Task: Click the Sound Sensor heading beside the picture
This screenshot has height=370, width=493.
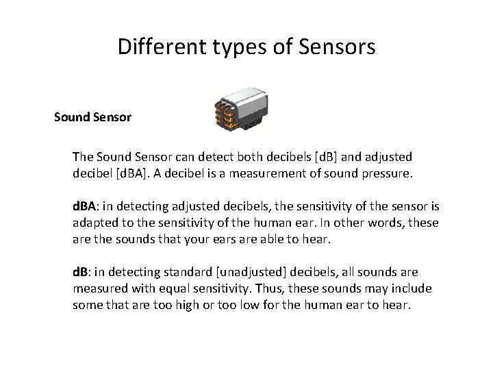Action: [93, 117]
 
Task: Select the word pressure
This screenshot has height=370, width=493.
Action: [386, 173]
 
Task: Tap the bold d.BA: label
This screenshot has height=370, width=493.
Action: [87, 206]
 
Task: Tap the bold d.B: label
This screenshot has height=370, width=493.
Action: [84, 272]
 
